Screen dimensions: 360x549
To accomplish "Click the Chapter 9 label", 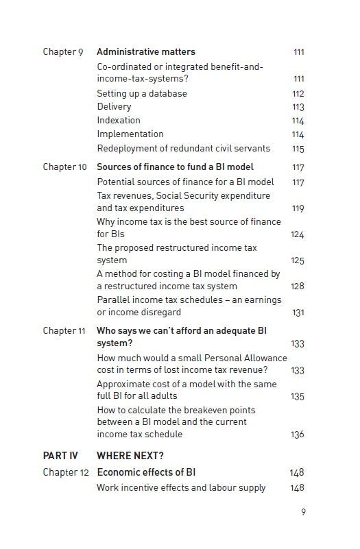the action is click(x=62, y=52).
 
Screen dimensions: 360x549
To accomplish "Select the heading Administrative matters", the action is click(x=146, y=52).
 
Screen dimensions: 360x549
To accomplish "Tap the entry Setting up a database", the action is click(x=142, y=93).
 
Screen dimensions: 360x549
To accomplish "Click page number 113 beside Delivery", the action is click(x=298, y=107).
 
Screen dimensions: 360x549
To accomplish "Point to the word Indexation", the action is click(x=119, y=121).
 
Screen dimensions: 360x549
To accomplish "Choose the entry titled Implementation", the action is click(x=130, y=134).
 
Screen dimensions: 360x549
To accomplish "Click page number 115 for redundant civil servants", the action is click(x=298, y=149).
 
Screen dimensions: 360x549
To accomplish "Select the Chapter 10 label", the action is click(x=64, y=167).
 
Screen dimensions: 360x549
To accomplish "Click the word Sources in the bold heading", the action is click(x=115, y=167).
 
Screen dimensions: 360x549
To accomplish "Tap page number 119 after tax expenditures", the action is click(x=298, y=208).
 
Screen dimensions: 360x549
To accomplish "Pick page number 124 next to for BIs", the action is click(x=297, y=235).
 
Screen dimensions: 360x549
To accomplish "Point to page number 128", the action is click(x=297, y=286).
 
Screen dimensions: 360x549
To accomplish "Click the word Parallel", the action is click(x=114, y=300).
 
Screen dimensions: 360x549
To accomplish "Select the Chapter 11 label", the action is click(x=64, y=331).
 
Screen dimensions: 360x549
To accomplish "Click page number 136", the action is click(x=297, y=435).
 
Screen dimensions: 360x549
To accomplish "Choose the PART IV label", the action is click(x=60, y=456).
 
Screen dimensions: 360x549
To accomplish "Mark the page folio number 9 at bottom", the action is click(x=303, y=511).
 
